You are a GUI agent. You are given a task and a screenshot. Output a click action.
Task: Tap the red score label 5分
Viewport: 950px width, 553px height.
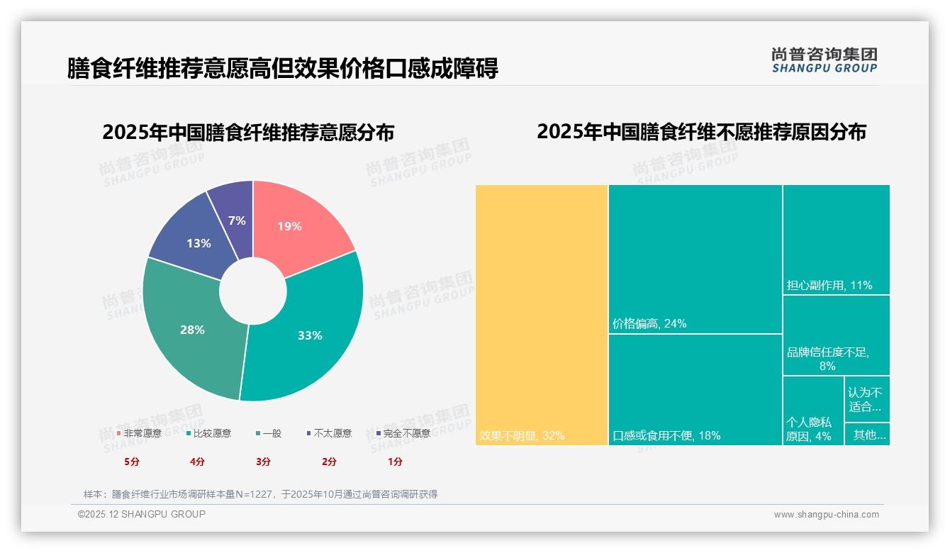(x=132, y=462)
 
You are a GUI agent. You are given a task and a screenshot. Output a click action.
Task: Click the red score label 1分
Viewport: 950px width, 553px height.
(x=395, y=462)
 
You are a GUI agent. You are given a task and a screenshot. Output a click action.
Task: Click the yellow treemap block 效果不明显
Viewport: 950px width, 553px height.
(x=542, y=315)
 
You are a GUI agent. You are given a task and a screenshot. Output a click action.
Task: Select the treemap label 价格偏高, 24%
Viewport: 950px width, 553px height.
(x=649, y=324)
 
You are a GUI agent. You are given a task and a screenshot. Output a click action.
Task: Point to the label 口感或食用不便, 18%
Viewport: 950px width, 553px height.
(x=666, y=435)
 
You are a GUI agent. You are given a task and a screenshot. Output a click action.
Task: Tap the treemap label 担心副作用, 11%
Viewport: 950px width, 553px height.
(x=829, y=286)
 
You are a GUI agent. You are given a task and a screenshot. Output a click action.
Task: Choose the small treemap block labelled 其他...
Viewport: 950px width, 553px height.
(x=868, y=435)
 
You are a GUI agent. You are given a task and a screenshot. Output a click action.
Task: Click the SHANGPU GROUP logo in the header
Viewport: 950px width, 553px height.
(x=824, y=60)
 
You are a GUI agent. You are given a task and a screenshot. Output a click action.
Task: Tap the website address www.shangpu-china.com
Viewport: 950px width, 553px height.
(x=826, y=515)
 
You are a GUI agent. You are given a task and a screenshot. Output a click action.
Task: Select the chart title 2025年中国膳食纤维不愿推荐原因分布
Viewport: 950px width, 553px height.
(x=701, y=132)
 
